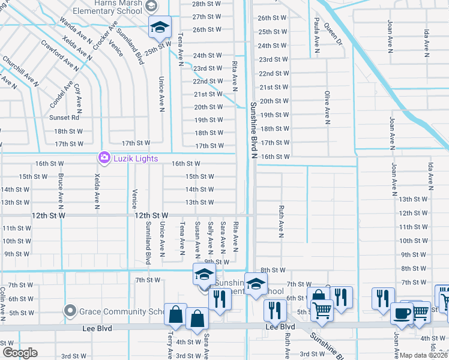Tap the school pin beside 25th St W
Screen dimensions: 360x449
[x=160, y=28]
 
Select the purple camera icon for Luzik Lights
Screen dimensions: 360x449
[x=104, y=158]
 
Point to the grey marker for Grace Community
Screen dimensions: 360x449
[x=71, y=311]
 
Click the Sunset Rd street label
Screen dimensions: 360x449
[x=64, y=118]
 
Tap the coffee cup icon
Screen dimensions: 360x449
[x=401, y=313]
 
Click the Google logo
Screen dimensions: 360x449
[x=19, y=353]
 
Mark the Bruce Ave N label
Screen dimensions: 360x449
[x=61, y=188]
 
